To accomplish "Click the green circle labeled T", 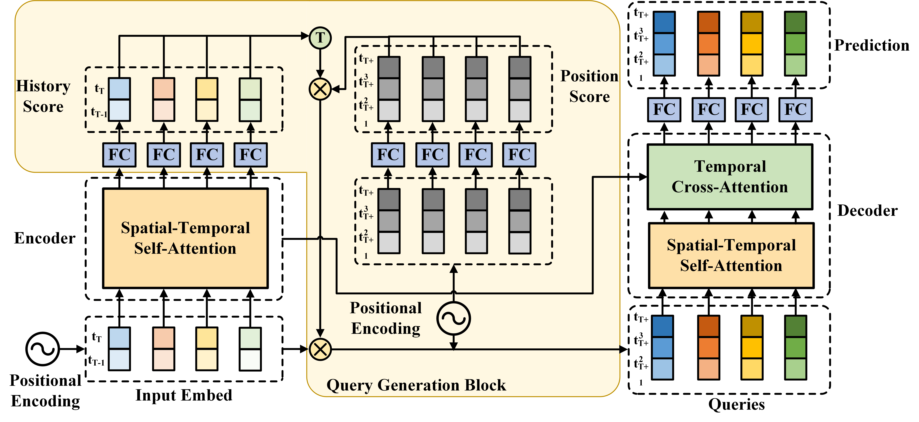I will (320, 38).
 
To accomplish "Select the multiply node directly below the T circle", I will (320, 89).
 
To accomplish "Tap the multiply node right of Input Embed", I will (320, 349).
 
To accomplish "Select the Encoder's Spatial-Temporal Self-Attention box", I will (185, 238).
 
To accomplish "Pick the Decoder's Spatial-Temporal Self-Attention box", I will (731, 255).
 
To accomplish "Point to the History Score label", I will (43, 96).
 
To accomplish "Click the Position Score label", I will (589, 86).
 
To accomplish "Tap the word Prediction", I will (872, 45).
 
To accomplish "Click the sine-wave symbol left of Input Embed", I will (42, 349).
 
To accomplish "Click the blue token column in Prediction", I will (664, 44).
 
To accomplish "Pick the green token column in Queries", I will (796, 347).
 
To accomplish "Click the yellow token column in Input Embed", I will (207, 349).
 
